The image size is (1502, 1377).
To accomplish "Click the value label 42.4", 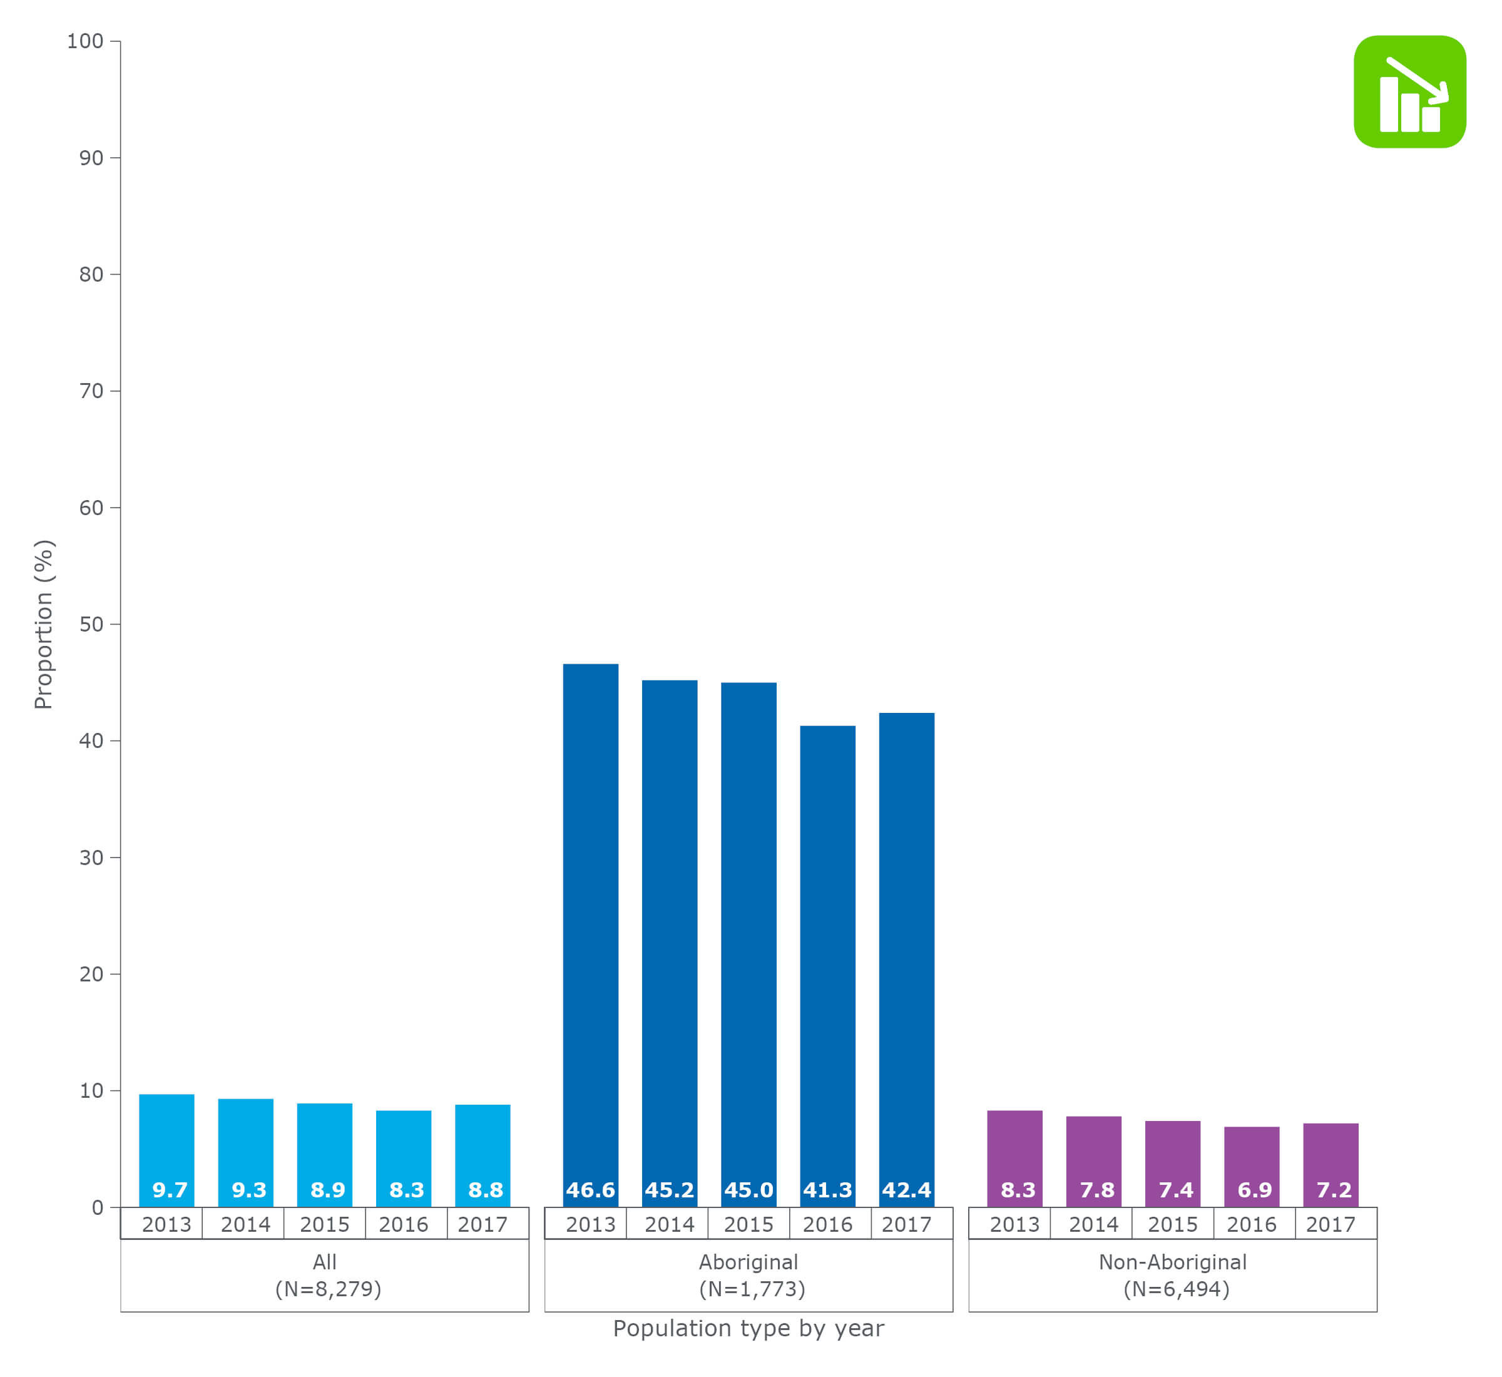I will [906, 1190].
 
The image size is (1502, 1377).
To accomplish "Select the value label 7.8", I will [1096, 1190].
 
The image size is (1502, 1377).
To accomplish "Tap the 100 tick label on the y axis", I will [85, 41].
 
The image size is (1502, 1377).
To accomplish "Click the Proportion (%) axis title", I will [44, 625].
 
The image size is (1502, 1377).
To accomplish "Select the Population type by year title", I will [748, 1329].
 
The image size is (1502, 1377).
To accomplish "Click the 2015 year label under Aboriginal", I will [748, 1224].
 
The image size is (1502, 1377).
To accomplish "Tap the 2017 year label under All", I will [482, 1224].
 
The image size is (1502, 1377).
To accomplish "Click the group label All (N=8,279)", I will [325, 1275].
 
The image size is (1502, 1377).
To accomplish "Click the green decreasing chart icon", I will [1409, 91].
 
